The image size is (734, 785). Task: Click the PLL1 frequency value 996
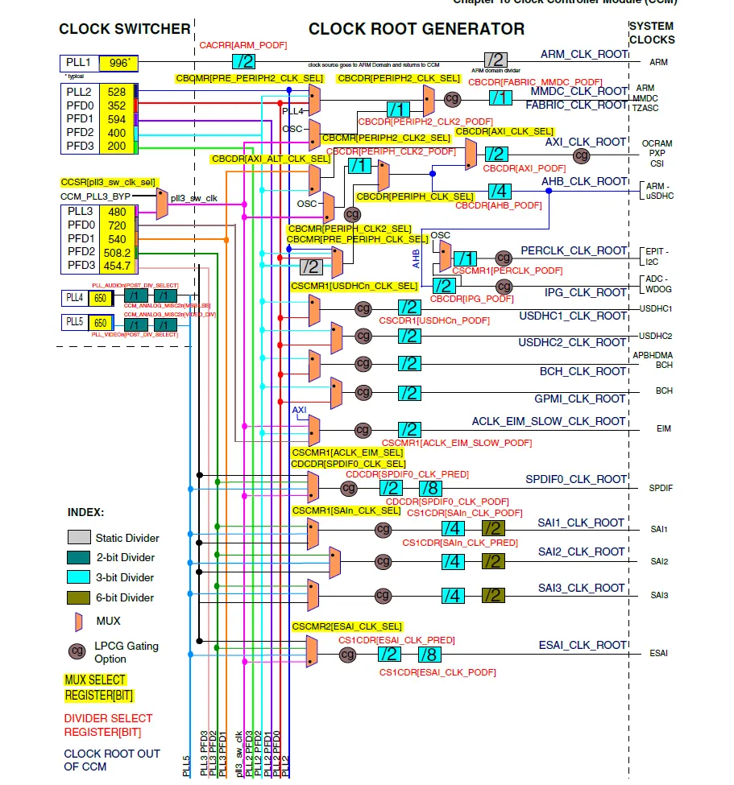coord(118,63)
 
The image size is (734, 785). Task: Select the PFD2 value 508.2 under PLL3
coord(118,252)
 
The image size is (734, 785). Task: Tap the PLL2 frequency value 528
coord(118,92)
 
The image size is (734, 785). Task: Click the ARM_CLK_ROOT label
coord(583,55)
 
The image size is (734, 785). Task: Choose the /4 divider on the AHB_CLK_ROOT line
coord(500,192)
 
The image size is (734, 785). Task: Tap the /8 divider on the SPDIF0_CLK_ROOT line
coord(430,489)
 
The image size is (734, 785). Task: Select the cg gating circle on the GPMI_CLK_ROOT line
coord(363,392)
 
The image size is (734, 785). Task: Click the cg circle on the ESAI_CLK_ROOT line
coord(347,655)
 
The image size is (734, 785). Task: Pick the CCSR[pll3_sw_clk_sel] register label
coord(108,182)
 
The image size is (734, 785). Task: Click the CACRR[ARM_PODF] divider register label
coord(243,45)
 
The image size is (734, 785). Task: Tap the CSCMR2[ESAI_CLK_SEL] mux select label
coord(346,626)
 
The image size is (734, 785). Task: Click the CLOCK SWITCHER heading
coord(125,29)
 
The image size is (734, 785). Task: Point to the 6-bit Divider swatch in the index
coord(79,597)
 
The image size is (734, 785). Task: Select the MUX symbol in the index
coord(79,622)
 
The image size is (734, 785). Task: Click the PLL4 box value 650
coord(100,298)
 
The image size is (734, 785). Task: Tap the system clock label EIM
coord(663,429)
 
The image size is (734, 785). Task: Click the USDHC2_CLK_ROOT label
coord(572,342)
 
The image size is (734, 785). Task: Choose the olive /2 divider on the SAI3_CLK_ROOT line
coord(493,596)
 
